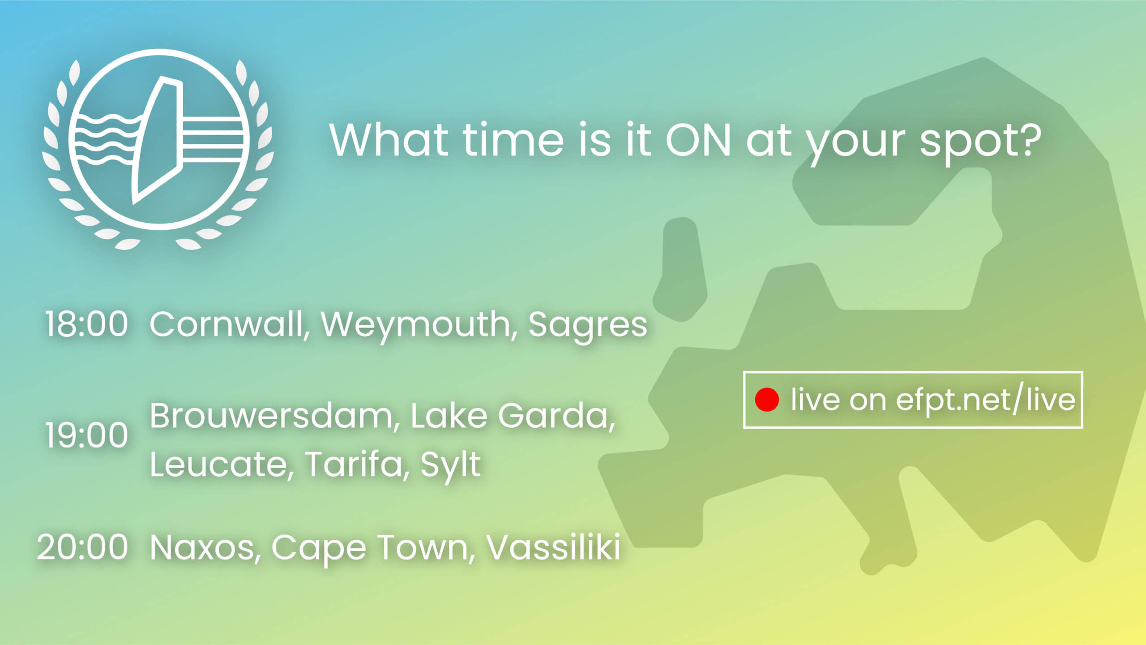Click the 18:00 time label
[86, 324]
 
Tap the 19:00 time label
[86, 435]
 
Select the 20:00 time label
[82, 547]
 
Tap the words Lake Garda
[513, 416]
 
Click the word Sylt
[450, 466]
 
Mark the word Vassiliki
[553, 546]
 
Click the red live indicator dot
[767, 399]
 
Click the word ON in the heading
[699, 140]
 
